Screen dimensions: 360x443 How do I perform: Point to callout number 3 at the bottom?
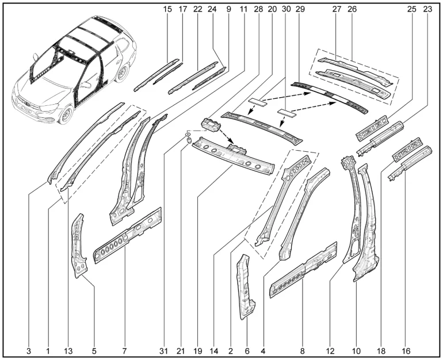tap(29, 348)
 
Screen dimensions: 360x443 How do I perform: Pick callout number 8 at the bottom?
tap(301, 348)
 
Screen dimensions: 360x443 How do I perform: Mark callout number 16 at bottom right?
tap(408, 348)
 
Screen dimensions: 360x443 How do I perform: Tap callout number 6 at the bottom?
tap(247, 348)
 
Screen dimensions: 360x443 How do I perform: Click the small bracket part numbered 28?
tap(211, 125)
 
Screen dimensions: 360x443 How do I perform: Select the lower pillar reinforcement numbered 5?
tap(79, 246)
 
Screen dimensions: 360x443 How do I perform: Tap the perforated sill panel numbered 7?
tap(128, 236)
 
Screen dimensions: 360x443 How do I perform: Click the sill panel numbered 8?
tap(303, 270)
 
